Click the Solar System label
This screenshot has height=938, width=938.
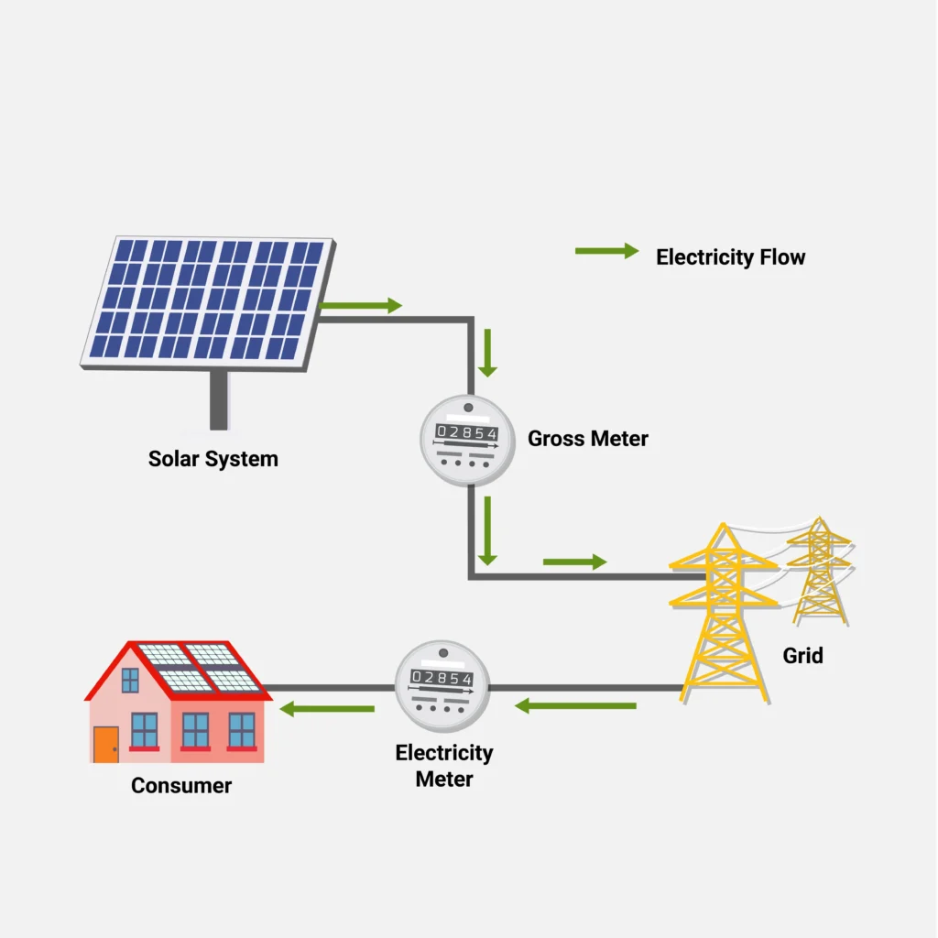point(213,458)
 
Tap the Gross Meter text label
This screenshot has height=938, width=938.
point(587,439)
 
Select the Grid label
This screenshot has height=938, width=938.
point(802,655)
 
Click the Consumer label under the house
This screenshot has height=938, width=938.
point(181,785)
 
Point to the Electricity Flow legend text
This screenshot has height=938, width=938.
point(730,257)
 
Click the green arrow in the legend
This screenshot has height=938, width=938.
point(606,251)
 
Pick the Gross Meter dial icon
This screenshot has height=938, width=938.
point(467,441)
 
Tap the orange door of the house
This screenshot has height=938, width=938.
point(105,744)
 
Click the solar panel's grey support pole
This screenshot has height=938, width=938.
point(218,399)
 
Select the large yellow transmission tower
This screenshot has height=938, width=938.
point(724,614)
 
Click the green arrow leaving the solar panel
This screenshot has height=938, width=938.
point(362,306)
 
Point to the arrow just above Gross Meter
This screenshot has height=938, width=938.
point(487,354)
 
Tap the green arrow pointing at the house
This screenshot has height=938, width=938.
point(327,708)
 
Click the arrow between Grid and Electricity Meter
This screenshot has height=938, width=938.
point(575,705)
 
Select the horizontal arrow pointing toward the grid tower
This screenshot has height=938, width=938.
point(574,562)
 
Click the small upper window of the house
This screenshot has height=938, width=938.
point(130,680)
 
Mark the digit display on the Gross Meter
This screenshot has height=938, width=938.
point(467,432)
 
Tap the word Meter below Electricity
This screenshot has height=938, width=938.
point(444,780)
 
